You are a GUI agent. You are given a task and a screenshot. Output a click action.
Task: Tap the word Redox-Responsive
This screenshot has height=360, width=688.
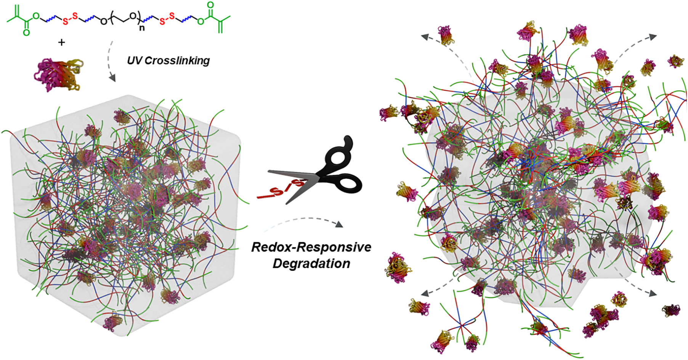[x=311, y=247]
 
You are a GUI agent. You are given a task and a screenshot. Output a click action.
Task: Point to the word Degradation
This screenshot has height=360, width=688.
[x=311, y=263]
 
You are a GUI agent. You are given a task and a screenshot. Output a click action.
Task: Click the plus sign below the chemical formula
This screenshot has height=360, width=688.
[x=61, y=42]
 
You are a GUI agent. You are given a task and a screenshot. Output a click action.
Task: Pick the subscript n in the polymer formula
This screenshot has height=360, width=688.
[x=142, y=28]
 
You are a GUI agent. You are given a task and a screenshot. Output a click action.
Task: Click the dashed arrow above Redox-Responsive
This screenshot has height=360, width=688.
[x=303, y=224]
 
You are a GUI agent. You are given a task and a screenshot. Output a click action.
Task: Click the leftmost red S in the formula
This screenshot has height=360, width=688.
[x=65, y=22]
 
